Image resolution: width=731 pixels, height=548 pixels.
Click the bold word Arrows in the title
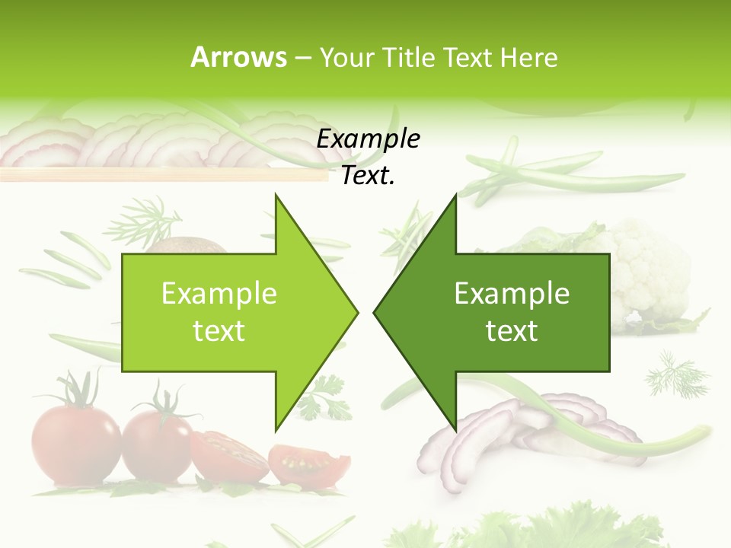pos(238,57)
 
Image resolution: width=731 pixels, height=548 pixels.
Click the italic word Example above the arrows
pos(369,139)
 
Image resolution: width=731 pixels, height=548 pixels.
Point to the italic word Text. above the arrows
pos(369,176)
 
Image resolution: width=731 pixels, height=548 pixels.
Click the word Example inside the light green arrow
pos(219,293)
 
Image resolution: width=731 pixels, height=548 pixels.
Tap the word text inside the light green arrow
pos(219,330)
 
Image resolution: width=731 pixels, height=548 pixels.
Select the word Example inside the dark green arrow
pos(512,293)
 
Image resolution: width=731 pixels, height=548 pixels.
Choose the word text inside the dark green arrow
pos(512,330)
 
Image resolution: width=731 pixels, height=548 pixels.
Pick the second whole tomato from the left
pos(158,445)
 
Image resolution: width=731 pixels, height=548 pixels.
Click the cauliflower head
pos(647,266)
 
